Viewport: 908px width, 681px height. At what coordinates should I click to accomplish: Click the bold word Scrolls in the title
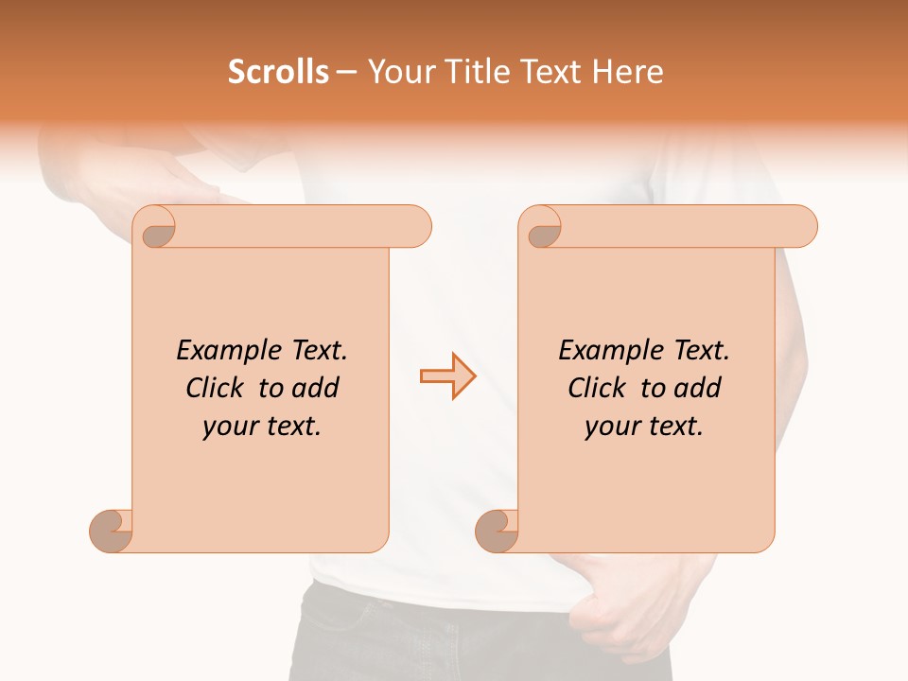coord(278,72)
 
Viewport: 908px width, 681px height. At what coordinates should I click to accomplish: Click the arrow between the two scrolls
coord(447,376)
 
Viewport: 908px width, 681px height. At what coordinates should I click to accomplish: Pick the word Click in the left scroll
coord(215,389)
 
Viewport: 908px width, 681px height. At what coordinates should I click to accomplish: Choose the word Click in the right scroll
coord(597,389)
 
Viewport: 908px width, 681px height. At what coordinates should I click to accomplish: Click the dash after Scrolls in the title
coord(346,72)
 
